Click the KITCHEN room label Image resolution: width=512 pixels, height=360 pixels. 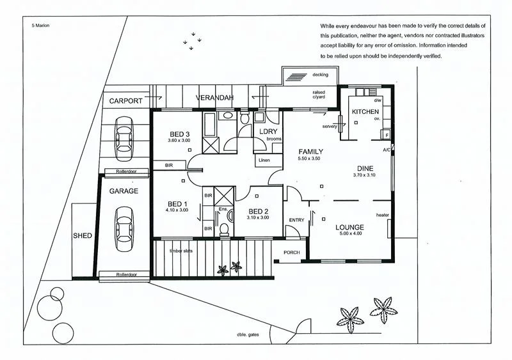pyautogui.click(x=365, y=112)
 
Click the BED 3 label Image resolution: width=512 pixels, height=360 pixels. pyautogui.click(x=179, y=134)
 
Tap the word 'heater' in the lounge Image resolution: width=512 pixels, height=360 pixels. pyautogui.click(x=383, y=215)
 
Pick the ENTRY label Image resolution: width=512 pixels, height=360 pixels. pyautogui.click(x=296, y=220)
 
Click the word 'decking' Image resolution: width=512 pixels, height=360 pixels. pyautogui.click(x=320, y=75)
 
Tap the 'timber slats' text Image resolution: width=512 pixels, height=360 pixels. pyautogui.click(x=181, y=251)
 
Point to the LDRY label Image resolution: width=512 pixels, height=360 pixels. pyautogui.click(x=267, y=131)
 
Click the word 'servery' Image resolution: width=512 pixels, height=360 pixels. pyautogui.click(x=330, y=127)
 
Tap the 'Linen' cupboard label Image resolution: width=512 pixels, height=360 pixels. pyautogui.click(x=262, y=160)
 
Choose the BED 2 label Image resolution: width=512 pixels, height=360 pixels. pyautogui.click(x=257, y=211)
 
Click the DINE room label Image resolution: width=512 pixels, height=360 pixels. pyautogui.click(x=364, y=168)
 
